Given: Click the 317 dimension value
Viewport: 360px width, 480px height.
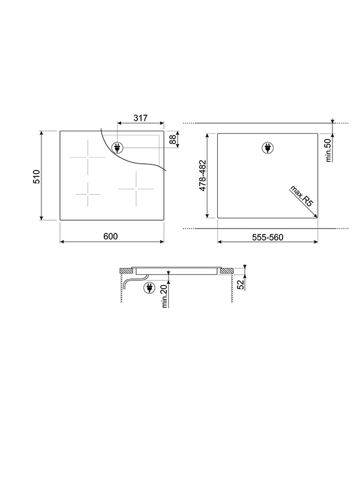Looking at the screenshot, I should (x=140, y=119).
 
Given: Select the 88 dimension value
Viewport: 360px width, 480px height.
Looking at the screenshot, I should (x=173, y=139).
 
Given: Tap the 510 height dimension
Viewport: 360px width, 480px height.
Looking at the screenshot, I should (x=36, y=176).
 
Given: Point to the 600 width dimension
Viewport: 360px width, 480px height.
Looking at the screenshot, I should (x=110, y=236).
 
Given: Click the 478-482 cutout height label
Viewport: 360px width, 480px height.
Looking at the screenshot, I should (x=203, y=176).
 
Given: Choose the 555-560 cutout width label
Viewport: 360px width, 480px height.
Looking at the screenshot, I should (x=268, y=237).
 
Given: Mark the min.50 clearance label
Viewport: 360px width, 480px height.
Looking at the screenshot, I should (x=329, y=150).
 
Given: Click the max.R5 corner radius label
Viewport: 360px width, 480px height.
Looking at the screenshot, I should (x=301, y=196).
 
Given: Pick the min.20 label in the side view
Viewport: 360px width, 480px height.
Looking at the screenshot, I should (x=164, y=296).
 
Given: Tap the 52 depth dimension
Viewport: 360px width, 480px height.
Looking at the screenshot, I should (x=241, y=284).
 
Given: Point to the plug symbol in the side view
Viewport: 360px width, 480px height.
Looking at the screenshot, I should (x=148, y=289).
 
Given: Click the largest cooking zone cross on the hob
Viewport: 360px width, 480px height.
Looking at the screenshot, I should (x=88, y=157).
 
